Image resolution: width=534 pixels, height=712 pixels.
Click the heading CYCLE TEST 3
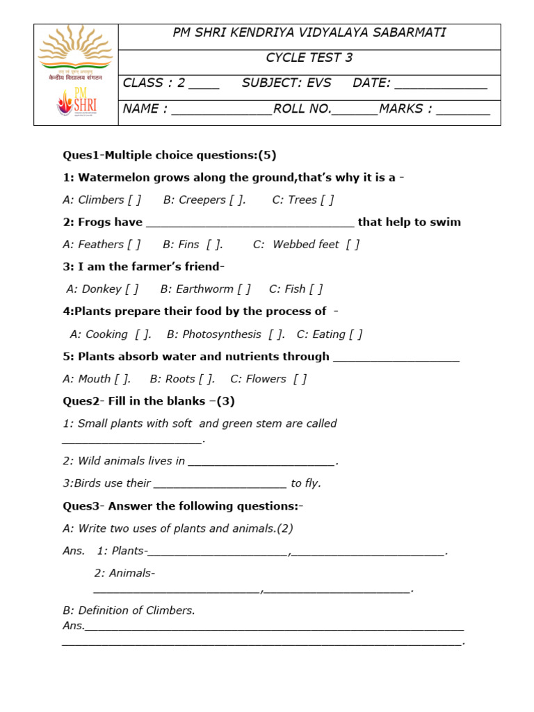click(x=309, y=58)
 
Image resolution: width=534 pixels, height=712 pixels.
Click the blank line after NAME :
click(x=221, y=111)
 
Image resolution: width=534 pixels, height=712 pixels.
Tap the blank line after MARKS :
click(x=463, y=111)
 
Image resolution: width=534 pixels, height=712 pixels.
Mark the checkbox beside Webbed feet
click(x=353, y=245)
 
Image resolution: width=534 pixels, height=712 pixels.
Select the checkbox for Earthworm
click(x=243, y=289)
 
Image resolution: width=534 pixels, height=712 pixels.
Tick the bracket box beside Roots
click(x=205, y=379)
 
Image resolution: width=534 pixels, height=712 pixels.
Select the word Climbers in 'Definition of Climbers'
click(x=168, y=610)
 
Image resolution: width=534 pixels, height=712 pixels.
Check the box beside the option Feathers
click(x=133, y=245)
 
